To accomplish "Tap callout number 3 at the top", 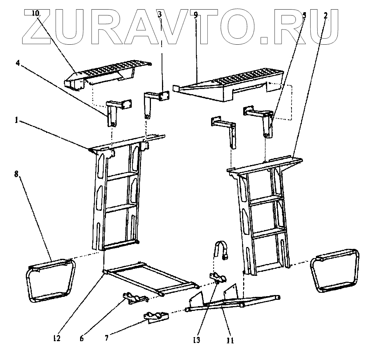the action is click(x=159, y=15).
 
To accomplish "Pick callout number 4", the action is click(x=17, y=63).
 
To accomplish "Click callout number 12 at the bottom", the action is click(x=56, y=338).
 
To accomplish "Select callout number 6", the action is click(x=82, y=338).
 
